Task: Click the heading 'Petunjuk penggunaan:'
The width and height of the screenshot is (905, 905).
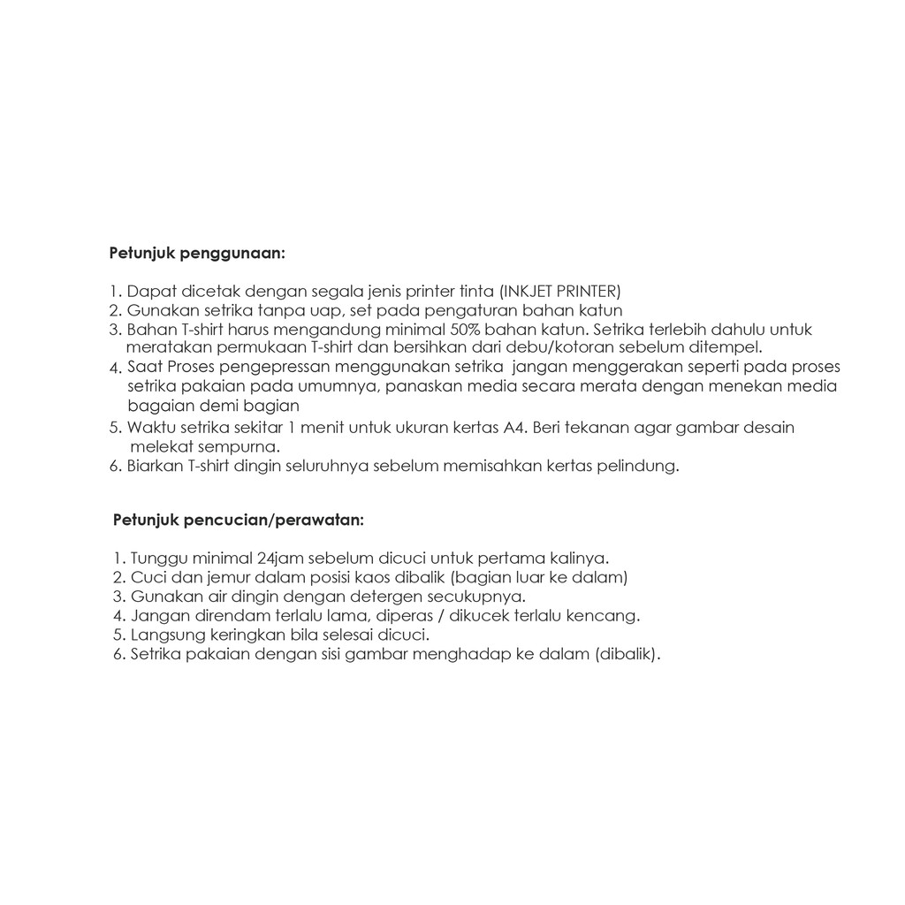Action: coord(197,254)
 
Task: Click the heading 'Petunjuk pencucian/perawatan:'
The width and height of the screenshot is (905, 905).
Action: coord(238,520)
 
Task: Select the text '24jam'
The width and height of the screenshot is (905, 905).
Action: coord(277,559)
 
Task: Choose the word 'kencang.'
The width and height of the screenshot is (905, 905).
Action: coord(607,616)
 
